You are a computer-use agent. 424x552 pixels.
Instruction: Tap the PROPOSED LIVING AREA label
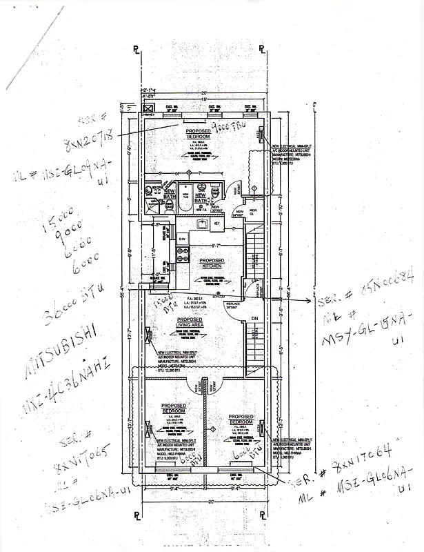tap(190, 322)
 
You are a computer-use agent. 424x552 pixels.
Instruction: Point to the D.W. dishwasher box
tap(182, 239)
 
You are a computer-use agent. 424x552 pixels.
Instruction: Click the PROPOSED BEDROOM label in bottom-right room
tap(241, 419)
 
